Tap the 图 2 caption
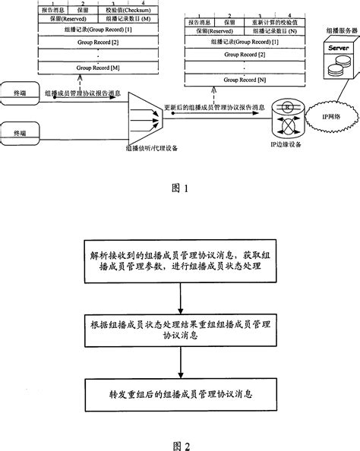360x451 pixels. pyautogui.click(x=179, y=441)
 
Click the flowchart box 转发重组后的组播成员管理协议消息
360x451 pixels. pyautogui.click(x=179, y=395)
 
